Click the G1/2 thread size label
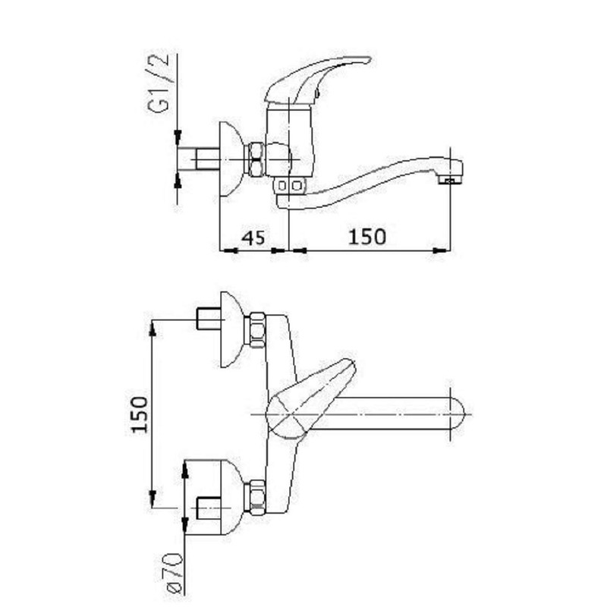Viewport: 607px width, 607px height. click(x=162, y=83)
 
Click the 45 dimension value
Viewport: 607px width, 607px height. click(x=253, y=237)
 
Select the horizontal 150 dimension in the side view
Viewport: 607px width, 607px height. click(x=367, y=237)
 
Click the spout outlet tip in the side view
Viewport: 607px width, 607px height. click(x=452, y=175)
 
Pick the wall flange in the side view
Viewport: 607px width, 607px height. click(x=231, y=159)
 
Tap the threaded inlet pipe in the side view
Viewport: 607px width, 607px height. click(x=199, y=159)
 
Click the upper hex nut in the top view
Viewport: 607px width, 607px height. click(x=257, y=330)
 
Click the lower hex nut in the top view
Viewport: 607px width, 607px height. click(x=257, y=498)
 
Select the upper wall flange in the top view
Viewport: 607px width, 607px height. click(x=231, y=329)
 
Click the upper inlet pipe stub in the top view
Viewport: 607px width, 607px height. click(x=207, y=319)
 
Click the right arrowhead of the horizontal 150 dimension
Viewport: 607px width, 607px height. click(x=439, y=249)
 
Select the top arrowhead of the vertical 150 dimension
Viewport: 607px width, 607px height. click(x=153, y=327)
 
